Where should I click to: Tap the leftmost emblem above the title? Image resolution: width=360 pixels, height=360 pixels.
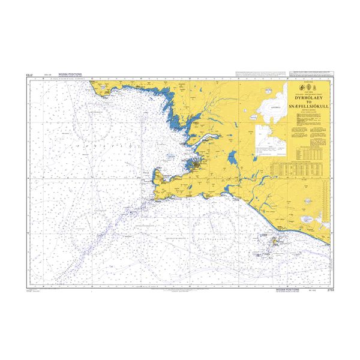[x=300, y=88]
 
